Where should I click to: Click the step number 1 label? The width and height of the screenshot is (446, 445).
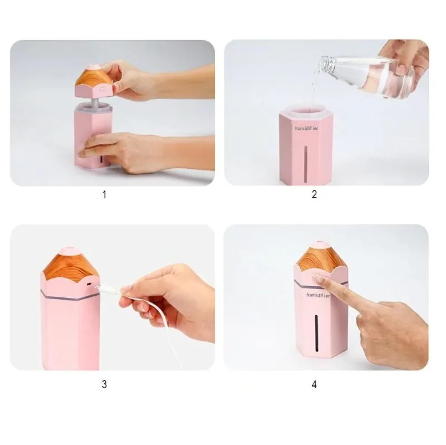[104, 194]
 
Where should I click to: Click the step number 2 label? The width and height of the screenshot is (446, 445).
[314, 194]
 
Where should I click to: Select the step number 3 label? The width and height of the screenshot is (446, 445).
[104, 384]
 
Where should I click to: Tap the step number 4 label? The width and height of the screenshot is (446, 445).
[314, 385]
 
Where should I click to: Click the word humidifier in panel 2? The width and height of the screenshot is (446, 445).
[306, 128]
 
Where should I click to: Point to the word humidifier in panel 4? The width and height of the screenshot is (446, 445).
[318, 295]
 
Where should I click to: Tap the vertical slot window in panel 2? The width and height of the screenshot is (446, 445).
[306, 164]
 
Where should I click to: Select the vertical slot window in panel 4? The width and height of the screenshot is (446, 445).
[316, 332]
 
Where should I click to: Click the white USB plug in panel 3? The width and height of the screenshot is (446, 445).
[110, 290]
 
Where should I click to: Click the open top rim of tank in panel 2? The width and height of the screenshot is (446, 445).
[307, 110]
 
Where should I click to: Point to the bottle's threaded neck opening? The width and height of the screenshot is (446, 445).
[326, 65]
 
